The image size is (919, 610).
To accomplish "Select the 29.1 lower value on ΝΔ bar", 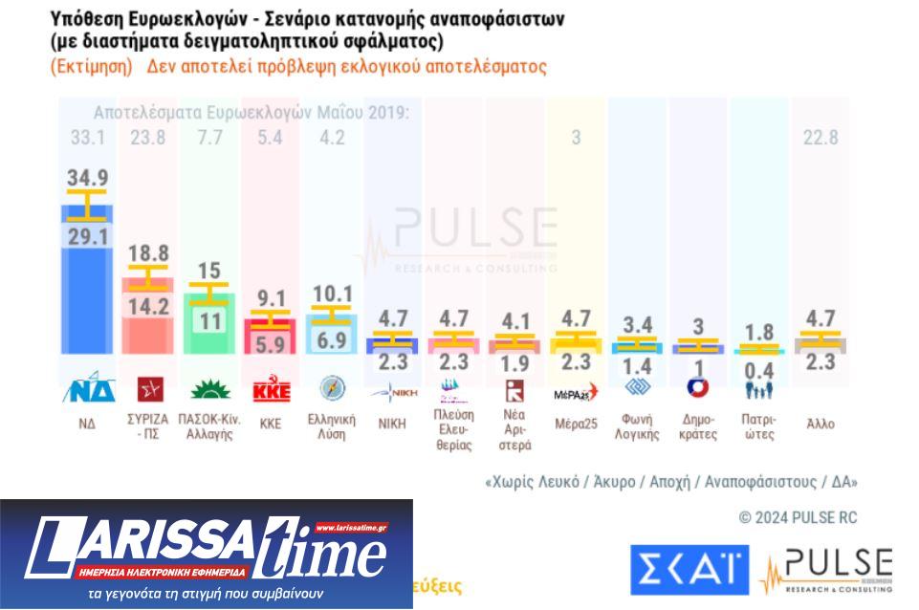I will coord(88,236).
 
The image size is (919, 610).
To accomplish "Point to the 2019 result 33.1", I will coord(88,138).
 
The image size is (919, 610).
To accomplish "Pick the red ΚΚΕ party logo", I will coord(271,391).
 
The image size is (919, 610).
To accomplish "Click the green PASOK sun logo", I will coord(209,390).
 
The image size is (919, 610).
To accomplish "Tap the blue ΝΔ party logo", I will coord(88,390).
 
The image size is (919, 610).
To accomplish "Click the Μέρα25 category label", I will coord(576,424).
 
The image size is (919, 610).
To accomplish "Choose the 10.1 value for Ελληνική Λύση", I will coord(332,294).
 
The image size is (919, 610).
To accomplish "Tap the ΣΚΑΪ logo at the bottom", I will coord(689,570).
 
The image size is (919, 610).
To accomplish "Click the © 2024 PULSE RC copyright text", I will coord(798,517).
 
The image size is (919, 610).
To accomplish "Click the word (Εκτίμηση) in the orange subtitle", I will coord(90,68).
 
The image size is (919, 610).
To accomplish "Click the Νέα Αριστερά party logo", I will coord(514,390).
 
